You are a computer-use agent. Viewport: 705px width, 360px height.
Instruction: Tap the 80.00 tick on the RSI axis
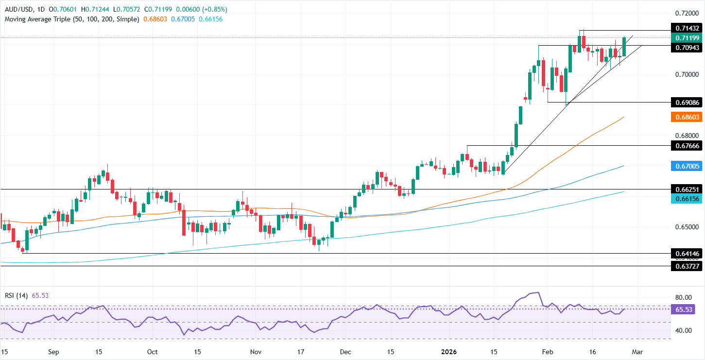tap(684, 297)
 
